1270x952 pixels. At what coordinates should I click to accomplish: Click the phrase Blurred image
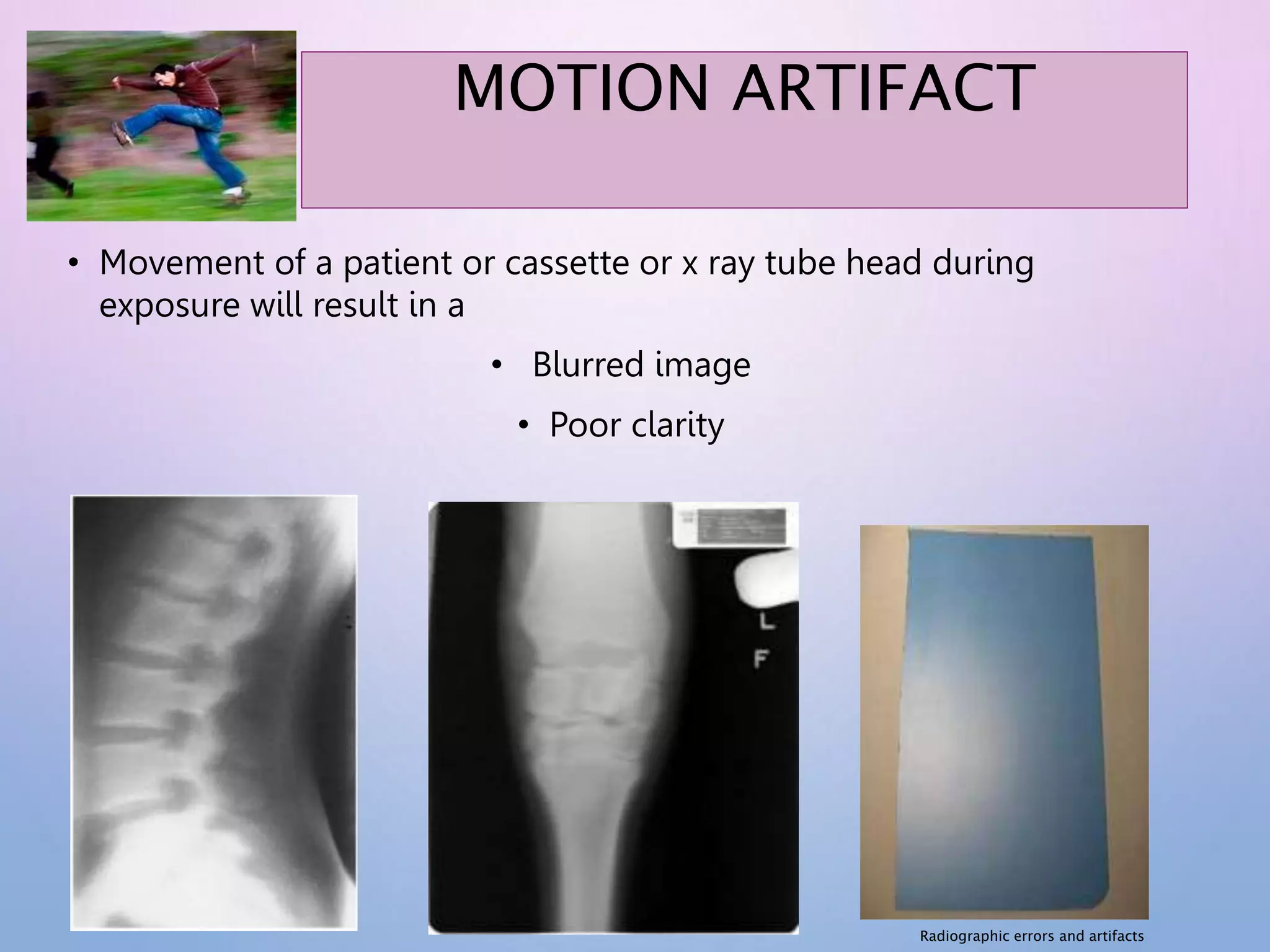(x=641, y=364)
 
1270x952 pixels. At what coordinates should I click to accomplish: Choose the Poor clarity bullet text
(x=636, y=425)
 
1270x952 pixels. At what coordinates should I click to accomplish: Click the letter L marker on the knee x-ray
(x=767, y=620)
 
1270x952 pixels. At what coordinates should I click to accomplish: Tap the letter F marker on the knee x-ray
(x=761, y=659)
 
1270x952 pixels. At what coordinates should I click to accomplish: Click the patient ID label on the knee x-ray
(x=732, y=527)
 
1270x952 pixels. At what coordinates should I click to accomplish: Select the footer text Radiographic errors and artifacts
(x=1031, y=936)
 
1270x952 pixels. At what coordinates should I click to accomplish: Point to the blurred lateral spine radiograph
(x=214, y=713)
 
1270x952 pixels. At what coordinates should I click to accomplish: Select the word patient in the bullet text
(x=397, y=263)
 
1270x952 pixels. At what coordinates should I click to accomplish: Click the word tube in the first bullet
(x=801, y=263)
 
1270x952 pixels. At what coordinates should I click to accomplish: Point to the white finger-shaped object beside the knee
(x=765, y=580)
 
